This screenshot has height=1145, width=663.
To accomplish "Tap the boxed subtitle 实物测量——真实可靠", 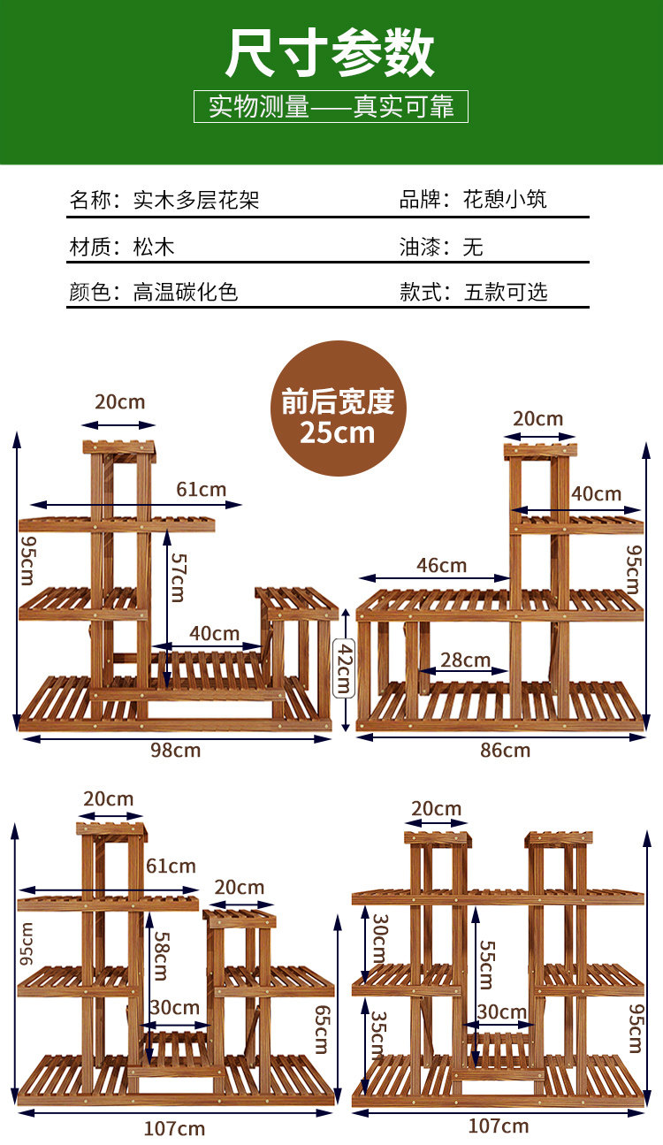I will click(x=331, y=108).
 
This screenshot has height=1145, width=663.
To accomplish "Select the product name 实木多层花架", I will click(x=196, y=199).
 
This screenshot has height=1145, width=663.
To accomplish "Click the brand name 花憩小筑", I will click(x=506, y=199).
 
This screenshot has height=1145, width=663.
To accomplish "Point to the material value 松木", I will click(x=154, y=246).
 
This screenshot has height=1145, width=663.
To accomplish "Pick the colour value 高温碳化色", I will click(x=186, y=292).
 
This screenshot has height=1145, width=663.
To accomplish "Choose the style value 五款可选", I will click(x=506, y=292).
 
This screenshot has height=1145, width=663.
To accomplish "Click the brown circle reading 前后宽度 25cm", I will click(x=338, y=408).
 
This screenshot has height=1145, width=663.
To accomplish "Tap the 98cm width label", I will click(x=174, y=751).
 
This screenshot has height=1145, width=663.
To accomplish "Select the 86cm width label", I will click(x=505, y=751).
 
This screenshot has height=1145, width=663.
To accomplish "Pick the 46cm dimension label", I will click(x=441, y=565).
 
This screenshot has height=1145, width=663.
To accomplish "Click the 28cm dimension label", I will click(x=466, y=660).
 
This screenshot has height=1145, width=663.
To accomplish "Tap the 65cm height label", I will click(x=321, y=1027).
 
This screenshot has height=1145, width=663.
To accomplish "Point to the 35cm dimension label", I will click(x=377, y=1034).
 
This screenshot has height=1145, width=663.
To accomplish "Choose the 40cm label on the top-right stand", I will click(x=596, y=494).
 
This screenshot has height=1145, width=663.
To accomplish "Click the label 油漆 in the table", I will click(x=420, y=246).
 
